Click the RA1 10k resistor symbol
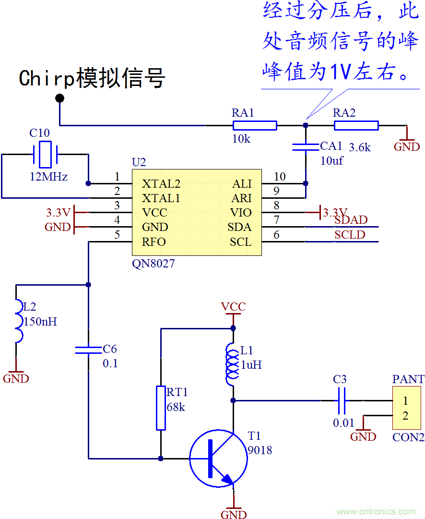[x=255, y=126]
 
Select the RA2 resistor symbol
[x=356, y=126]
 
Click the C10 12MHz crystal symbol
[x=45, y=155]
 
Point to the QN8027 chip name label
[x=153, y=264]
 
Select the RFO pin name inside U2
[x=153, y=242]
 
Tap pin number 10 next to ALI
[x=280, y=177]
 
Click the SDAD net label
[x=351, y=220]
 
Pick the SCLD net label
[x=350, y=235]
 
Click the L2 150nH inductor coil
[x=18, y=321]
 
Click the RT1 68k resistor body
[x=161, y=408]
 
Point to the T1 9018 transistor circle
[x=218, y=459]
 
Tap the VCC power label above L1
[x=233, y=307]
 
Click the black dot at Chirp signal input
[x=59, y=98]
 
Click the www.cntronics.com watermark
[x=377, y=512]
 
